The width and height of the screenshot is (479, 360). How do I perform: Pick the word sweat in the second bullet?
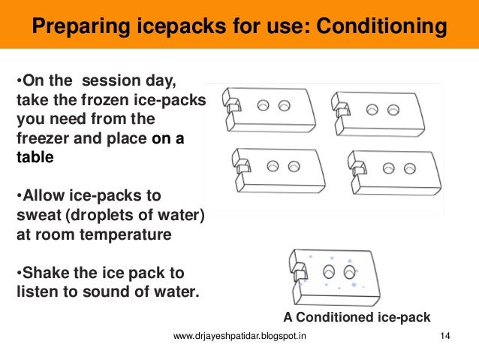tap(38, 216)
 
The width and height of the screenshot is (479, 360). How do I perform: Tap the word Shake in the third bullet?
tap(47, 271)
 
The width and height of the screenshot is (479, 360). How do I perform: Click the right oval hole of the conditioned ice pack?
tap(349, 269)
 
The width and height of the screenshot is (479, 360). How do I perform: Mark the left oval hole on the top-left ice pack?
tap(264, 107)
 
